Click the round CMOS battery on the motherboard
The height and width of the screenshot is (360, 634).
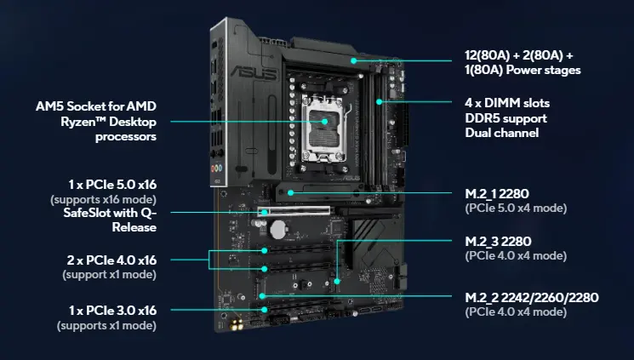[277, 228]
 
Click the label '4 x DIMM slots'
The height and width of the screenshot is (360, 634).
[495, 102]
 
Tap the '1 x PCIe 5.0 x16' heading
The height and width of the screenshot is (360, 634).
[106, 185]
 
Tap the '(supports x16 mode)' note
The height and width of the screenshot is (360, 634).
[110, 199]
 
